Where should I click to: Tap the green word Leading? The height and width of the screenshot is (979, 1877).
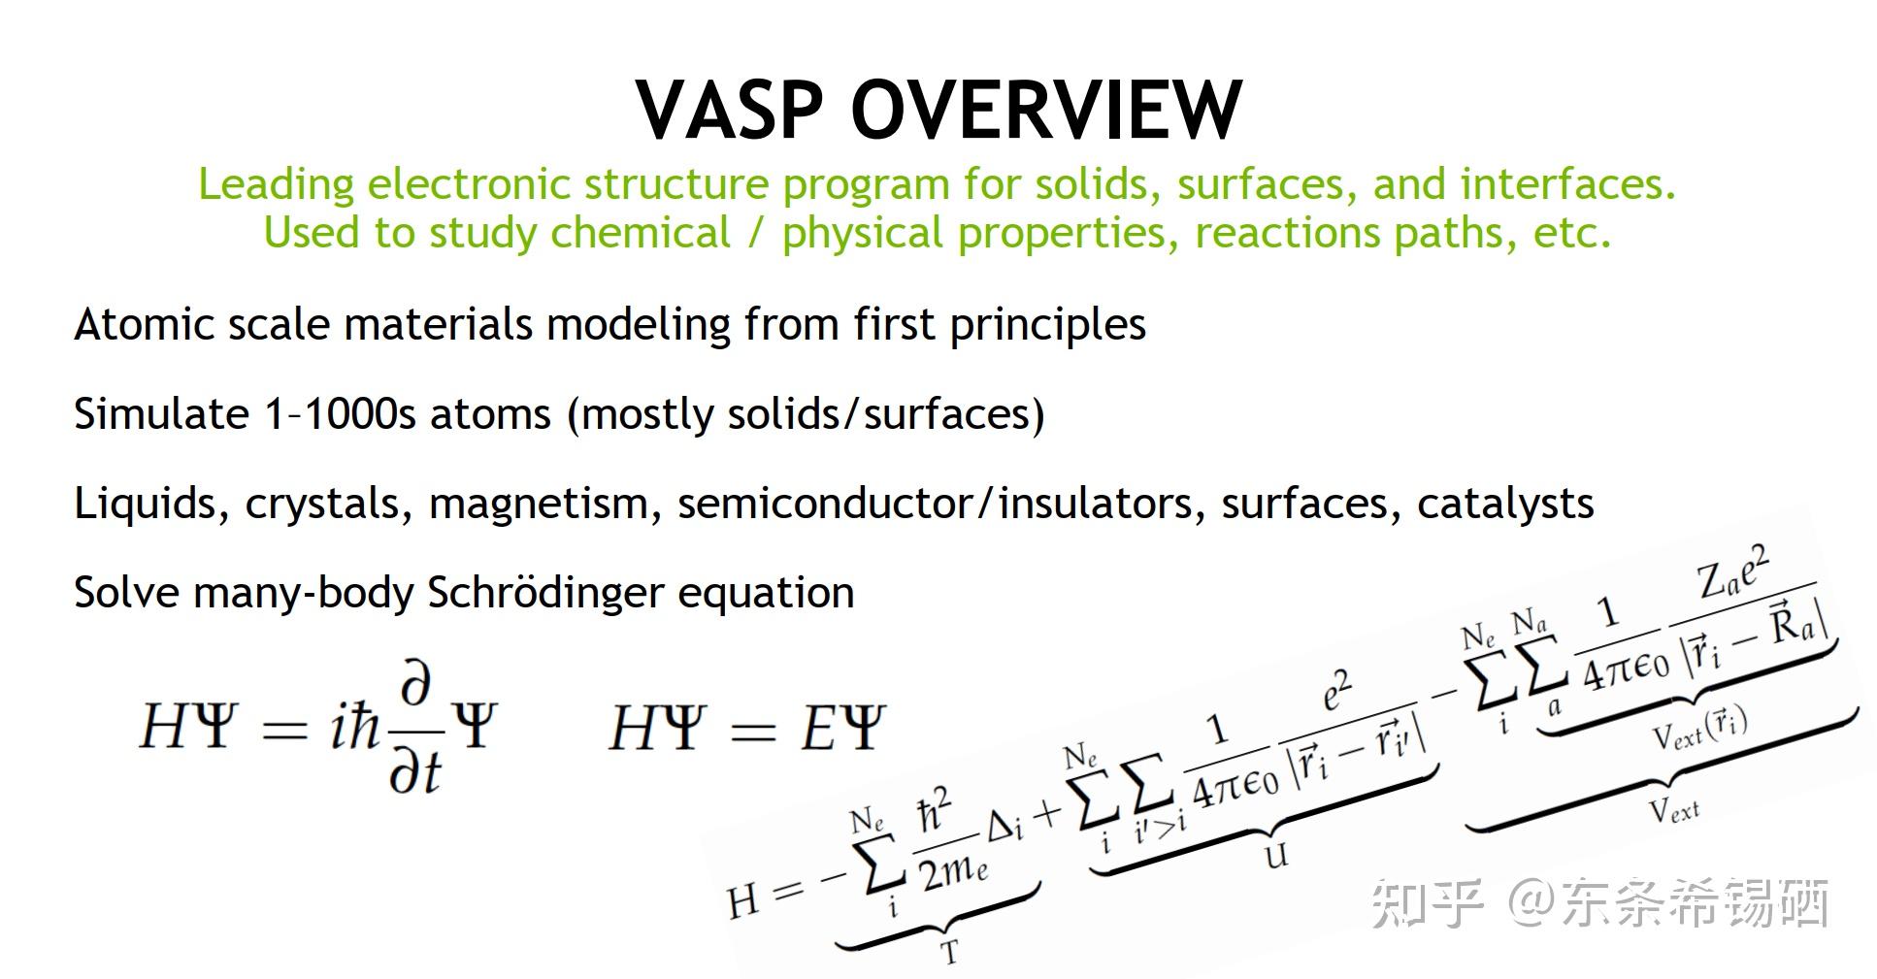[x=276, y=184]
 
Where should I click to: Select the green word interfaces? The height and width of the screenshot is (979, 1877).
[x=1567, y=184]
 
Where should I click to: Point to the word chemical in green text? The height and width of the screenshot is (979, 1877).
[x=640, y=233]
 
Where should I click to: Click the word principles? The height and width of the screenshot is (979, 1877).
[x=1047, y=326]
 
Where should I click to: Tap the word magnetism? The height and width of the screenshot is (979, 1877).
[x=539, y=504]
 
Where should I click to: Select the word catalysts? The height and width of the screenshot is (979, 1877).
[x=1504, y=504]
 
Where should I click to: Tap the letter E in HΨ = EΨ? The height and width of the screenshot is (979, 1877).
[x=819, y=728]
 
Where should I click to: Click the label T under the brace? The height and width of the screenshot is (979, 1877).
[x=950, y=952]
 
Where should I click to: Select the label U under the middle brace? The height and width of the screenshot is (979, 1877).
[x=1276, y=855]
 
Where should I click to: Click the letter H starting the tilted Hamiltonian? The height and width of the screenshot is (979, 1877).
[x=742, y=900]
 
